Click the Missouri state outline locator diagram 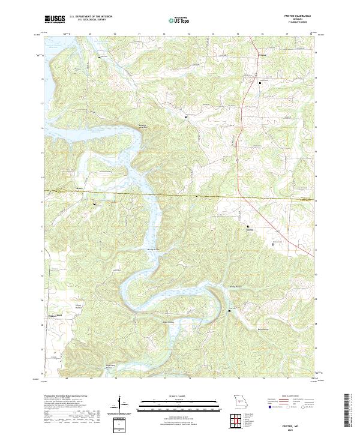tap(239, 400)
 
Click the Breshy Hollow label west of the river tap(153, 249)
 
